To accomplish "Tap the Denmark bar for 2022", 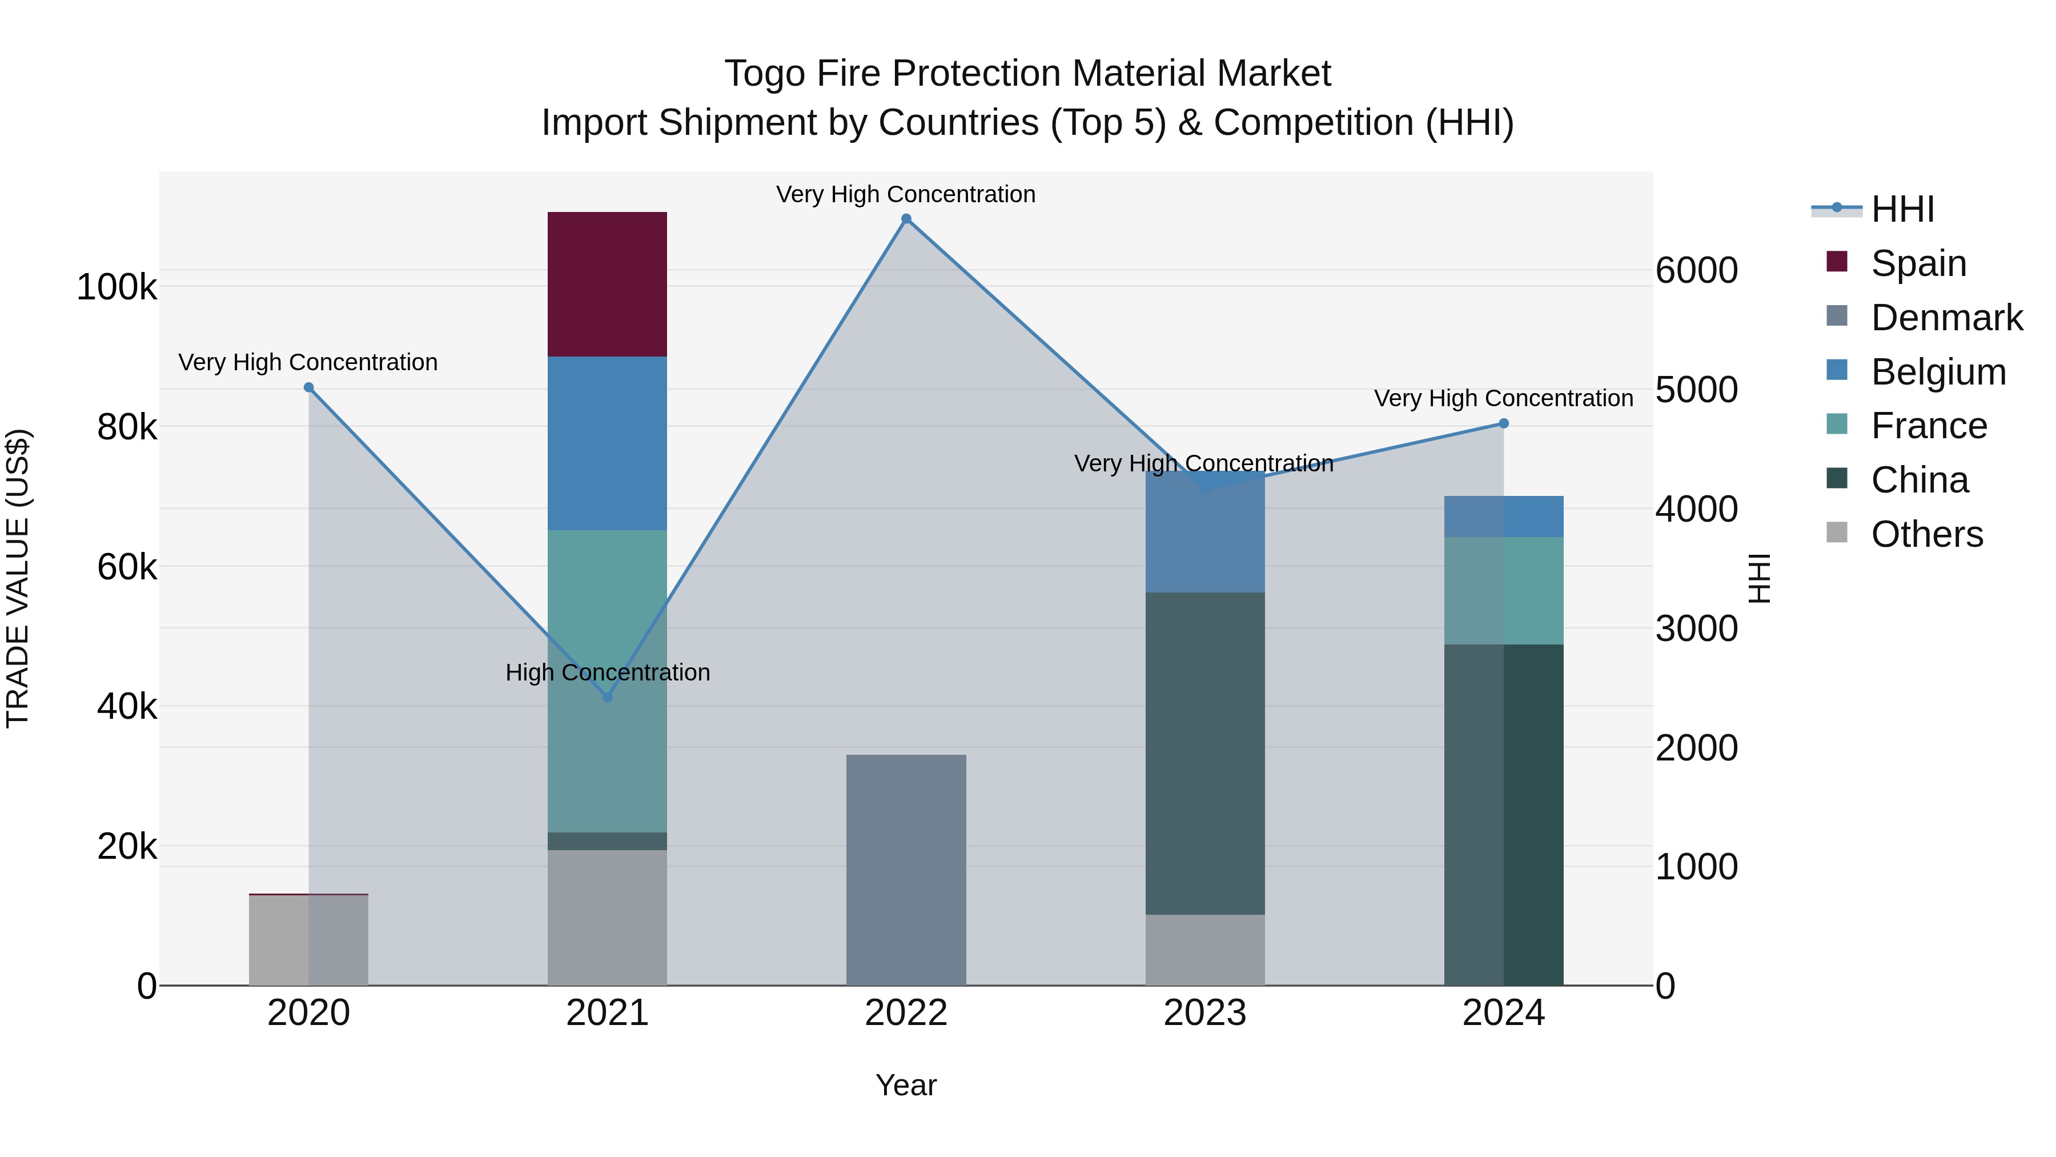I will pos(906,870).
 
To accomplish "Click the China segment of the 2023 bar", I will pos(1205,753).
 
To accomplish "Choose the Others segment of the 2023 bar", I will pos(1205,950).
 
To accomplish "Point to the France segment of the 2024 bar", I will pos(1504,590).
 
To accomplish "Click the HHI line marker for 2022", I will pos(906,219).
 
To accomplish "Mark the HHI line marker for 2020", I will pos(309,387).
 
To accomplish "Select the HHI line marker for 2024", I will pos(1504,423).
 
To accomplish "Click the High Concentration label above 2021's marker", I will pos(608,672).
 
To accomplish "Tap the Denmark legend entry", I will pos(1946,318).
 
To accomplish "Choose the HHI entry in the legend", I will pos(1902,209).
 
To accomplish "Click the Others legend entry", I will pos(1926,534).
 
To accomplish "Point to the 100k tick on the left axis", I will pos(117,287).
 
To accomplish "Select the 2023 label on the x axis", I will pos(1205,1013).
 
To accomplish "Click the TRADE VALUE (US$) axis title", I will pos(18,578).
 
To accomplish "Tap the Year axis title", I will pos(906,1085).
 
